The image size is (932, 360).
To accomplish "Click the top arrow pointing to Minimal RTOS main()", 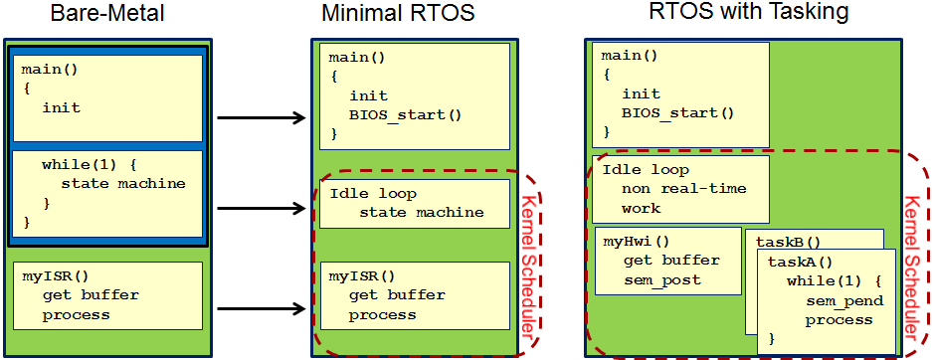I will pyautogui.click(x=261, y=119).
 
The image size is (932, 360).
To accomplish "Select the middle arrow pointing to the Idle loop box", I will pyautogui.click(x=261, y=209).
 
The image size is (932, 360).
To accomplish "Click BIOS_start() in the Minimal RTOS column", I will pyautogui.click(x=406, y=114).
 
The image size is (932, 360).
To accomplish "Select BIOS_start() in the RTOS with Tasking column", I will pyautogui.click(x=678, y=112).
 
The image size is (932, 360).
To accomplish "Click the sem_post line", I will pyautogui.click(x=661, y=279).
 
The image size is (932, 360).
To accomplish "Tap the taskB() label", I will pyautogui.click(x=788, y=242).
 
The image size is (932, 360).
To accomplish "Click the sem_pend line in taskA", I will pyautogui.click(x=839, y=300).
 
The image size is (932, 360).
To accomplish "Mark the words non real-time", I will pyautogui.click(x=683, y=189).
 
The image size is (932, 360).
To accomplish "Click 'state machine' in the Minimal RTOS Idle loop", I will pyautogui.click(x=422, y=212).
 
